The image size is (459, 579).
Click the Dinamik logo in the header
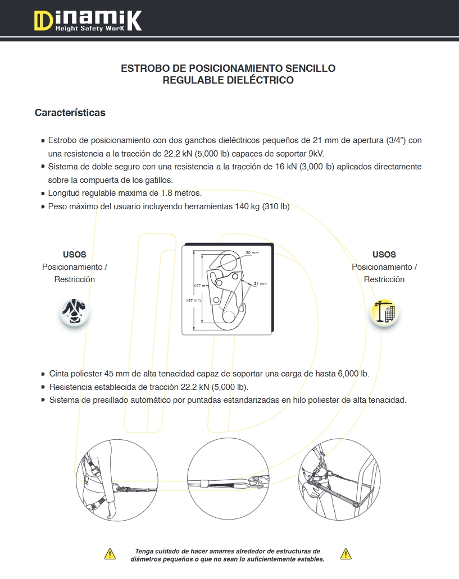[x=87, y=21]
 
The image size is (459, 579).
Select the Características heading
[x=70, y=113]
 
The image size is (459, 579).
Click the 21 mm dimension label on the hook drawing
[x=260, y=284]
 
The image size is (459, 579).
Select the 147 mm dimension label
[x=193, y=301]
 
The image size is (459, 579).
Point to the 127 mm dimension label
[x=201, y=286]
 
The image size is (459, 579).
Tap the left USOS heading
[x=75, y=255]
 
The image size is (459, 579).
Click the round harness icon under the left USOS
[x=75, y=312]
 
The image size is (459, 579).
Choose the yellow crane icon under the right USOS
[x=384, y=312]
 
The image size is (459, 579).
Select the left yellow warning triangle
[x=110, y=554]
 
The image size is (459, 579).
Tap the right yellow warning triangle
[x=346, y=554]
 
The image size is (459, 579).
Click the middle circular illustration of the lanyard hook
[x=229, y=482]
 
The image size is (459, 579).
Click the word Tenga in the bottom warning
[x=145, y=552]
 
